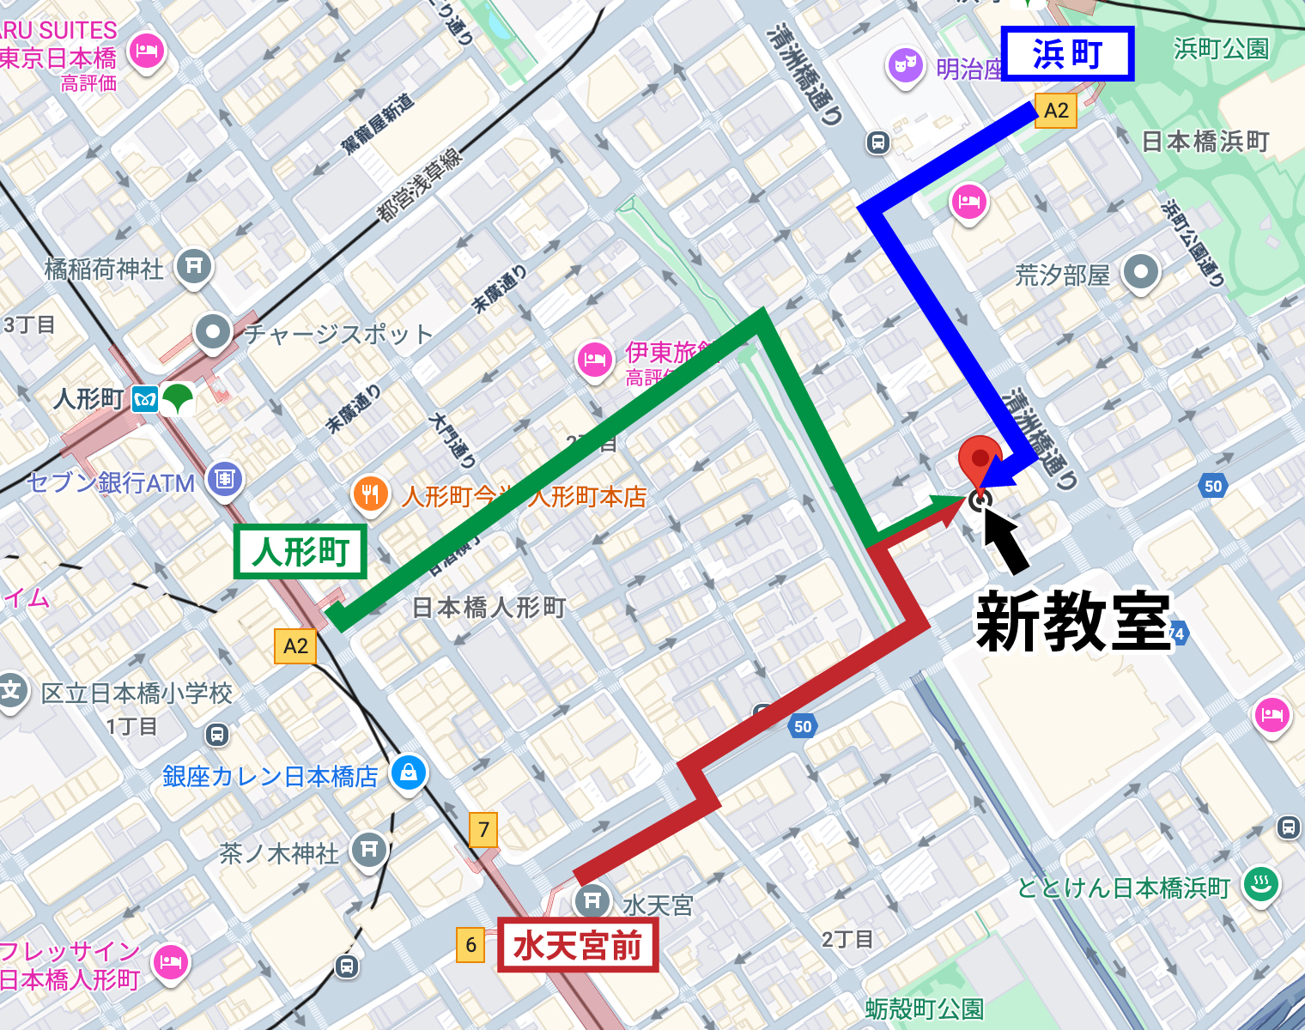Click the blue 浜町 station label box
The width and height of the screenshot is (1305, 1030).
[1068, 53]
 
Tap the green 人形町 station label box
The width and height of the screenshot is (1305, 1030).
[300, 551]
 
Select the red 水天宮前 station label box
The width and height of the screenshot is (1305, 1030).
[578, 946]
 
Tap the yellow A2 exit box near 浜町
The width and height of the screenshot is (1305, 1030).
[1055, 111]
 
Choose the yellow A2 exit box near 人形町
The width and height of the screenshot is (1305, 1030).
[295, 646]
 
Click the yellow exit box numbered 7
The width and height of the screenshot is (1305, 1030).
[483, 829]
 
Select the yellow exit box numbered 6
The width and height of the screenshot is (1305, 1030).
[470, 945]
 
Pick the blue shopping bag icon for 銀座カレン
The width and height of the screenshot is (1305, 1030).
[409, 772]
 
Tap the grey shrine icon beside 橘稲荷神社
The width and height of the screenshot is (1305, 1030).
[194, 265]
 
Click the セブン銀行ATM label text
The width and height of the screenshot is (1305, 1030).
[112, 483]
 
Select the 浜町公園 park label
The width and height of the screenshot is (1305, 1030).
[1222, 49]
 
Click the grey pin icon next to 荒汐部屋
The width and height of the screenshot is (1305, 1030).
[1141, 272]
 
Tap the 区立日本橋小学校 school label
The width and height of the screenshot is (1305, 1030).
[137, 693]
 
